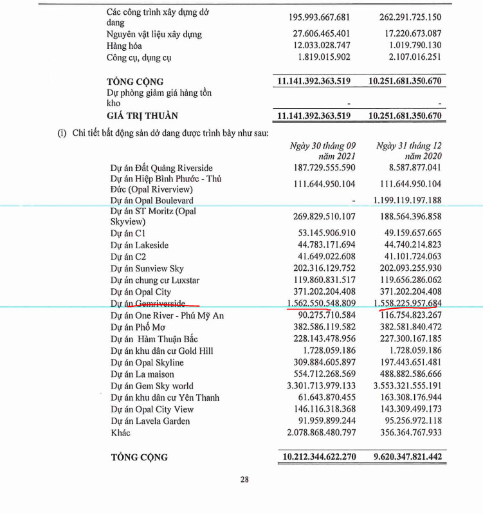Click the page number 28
tap(244, 479)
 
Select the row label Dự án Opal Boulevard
tap(152, 200)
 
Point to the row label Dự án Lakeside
tap(140, 245)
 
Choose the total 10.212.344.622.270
tap(318, 457)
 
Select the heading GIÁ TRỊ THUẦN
tap(142, 116)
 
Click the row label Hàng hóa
tap(125, 46)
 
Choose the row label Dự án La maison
tap(143, 374)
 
